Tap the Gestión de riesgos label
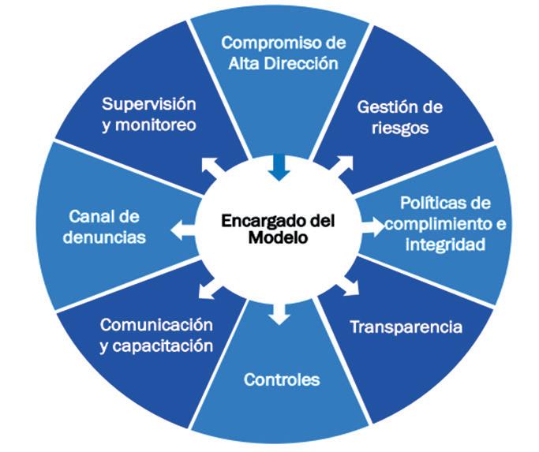(399, 117)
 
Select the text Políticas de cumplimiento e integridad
(451, 223)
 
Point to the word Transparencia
(406, 327)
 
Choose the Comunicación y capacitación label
(157, 334)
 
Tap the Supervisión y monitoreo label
(149, 114)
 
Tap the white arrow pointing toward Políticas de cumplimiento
(372, 226)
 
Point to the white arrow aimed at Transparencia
(349, 285)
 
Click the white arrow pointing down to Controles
(278, 313)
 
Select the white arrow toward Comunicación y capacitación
(209, 289)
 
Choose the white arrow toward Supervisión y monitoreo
(211, 167)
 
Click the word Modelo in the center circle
(272, 237)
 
